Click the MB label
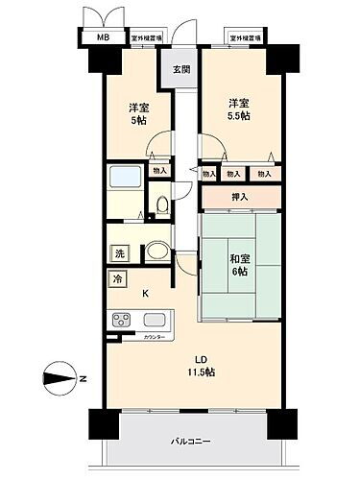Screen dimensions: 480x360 click(103, 38)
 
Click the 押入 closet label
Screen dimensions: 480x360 click(240, 198)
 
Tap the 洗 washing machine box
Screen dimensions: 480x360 click(120, 254)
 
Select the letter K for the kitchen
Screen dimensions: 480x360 click(146, 294)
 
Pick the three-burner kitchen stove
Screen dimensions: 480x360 click(125, 320)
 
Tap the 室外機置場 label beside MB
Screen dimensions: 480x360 click(145, 38)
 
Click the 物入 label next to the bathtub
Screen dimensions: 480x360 click(160, 171)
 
